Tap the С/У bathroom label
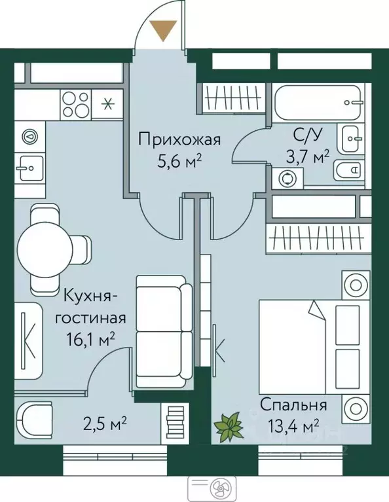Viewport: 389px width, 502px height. [x=307, y=137]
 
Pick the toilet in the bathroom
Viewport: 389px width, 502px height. [x=348, y=171]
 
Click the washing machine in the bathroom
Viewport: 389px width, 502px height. [x=286, y=178]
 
